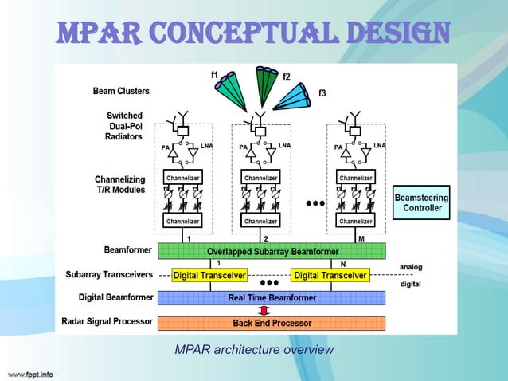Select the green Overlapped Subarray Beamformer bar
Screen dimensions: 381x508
272,250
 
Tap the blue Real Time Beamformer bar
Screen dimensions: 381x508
272,297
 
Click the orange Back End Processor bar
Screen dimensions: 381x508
272,323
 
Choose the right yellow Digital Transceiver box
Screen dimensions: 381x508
330,276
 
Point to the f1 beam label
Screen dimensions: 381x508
215,74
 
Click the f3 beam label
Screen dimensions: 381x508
322,93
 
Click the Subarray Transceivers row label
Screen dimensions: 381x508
110,275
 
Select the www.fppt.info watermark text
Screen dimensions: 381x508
31,373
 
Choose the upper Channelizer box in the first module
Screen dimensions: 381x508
182,177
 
